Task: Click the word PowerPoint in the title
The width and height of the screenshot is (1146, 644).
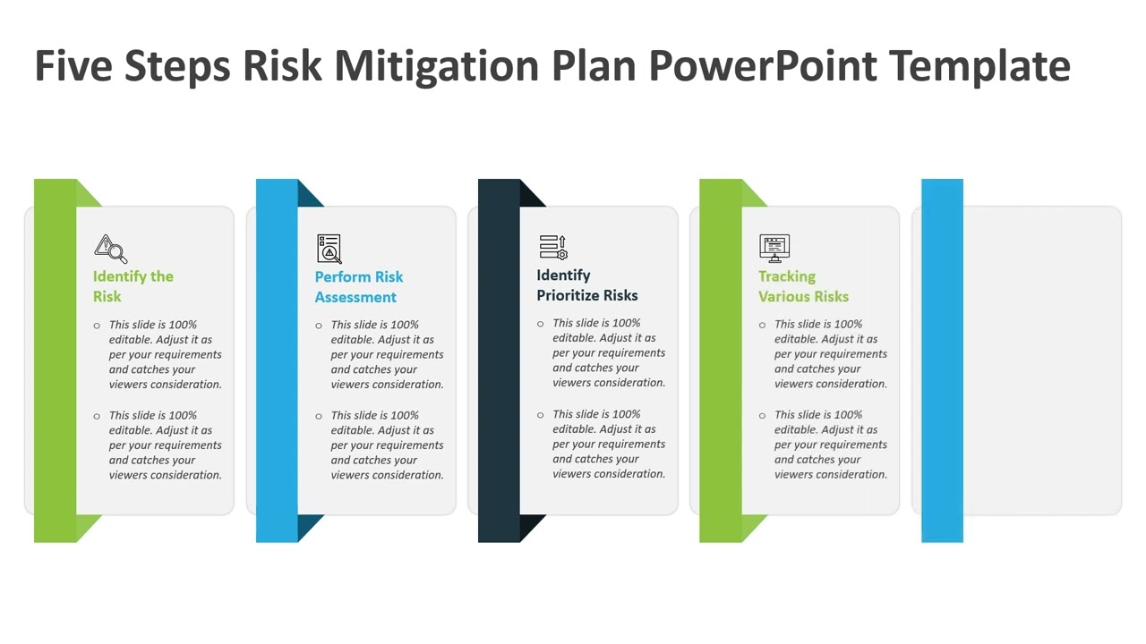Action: [763, 67]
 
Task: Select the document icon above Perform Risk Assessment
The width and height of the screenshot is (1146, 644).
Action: [329, 248]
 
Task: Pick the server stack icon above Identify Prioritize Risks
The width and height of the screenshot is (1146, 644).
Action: [552, 247]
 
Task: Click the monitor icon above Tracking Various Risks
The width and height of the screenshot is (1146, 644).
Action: [774, 247]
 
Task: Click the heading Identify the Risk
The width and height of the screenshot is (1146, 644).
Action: [133, 286]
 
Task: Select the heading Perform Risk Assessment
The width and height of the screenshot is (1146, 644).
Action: [358, 286]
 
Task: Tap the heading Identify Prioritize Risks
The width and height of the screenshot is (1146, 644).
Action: [586, 284]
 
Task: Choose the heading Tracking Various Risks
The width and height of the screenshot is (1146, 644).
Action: [803, 285]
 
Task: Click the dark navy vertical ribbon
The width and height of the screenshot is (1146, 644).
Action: [499, 360]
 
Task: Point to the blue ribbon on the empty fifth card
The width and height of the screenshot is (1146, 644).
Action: [942, 360]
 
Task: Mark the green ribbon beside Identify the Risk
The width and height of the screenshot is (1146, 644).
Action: [55, 360]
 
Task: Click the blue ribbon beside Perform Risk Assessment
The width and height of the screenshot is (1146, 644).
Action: [277, 360]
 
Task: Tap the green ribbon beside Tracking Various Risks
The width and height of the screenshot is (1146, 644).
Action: [721, 360]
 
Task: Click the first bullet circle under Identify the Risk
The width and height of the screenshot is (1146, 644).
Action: [97, 326]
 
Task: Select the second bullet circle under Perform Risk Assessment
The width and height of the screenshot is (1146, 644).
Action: [319, 416]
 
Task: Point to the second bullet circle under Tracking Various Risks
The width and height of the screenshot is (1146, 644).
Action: [763, 415]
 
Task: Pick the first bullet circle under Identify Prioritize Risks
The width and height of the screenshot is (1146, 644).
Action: [541, 324]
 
